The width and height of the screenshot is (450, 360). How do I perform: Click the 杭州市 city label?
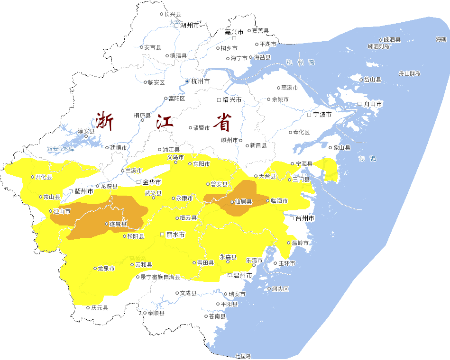[201, 81]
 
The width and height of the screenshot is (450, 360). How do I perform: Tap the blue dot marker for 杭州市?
[187, 81]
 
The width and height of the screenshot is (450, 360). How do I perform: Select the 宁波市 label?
[322, 115]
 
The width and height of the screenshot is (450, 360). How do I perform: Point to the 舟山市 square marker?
[359, 104]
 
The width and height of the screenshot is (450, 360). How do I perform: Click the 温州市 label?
[242, 275]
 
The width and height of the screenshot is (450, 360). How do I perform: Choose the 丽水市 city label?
[175, 234]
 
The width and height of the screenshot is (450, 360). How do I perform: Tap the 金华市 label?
[152, 182]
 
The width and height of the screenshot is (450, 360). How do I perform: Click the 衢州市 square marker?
[71, 191]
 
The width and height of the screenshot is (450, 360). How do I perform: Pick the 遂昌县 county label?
[118, 224]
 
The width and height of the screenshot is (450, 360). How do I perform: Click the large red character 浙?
[105, 121]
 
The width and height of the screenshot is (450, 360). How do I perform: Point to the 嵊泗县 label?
[392, 40]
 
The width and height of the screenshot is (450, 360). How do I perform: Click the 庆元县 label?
[100, 308]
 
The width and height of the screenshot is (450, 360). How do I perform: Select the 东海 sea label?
[367, 158]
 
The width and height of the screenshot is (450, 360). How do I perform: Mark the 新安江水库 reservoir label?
[61, 149]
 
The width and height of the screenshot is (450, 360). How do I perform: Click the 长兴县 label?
[172, 14]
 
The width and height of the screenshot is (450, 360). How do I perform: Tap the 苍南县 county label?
[217, 316]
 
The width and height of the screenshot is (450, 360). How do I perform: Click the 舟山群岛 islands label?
[409, 73]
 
